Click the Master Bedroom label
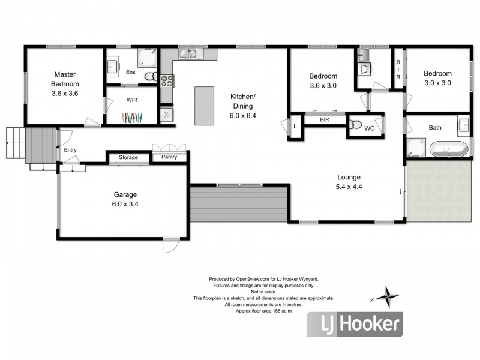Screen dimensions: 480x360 (x=65, y=79)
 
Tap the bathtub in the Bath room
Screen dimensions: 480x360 (x=449, y=149)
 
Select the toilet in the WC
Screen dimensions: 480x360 (x=355, y=125)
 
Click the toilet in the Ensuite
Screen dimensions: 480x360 (x=150, y=76)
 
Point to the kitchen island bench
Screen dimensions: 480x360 (x=204, y=106)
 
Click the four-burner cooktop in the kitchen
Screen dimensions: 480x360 (x=167, y=81)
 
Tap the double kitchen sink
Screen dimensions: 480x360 (x=188, y=53)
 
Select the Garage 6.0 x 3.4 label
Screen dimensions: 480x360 (x=125, y=199)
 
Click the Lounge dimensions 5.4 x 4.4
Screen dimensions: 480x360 (x=349, y=187)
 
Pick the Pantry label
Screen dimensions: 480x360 (x=169, y=157)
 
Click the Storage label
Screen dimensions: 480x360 (x=128, y=157)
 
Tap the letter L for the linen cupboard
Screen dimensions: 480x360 (x=295, y=126)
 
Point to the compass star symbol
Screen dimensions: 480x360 (x=387, y=296)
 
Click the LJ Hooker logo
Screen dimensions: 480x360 (x=355, y=324)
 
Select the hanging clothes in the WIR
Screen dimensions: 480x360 (x=132, y=118)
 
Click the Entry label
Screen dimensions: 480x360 (x=70, y=149)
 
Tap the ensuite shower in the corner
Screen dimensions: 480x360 (x=147, y=58)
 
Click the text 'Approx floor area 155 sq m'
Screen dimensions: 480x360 (x=263, y=311)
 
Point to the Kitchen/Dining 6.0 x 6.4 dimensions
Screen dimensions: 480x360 (x=243, y=116)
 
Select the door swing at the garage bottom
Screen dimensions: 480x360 (x=171, y=245)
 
